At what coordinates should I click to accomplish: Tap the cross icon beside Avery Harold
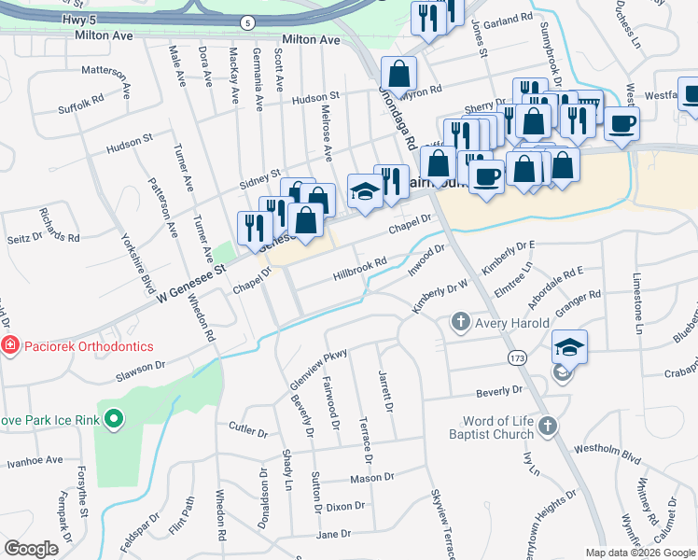click(459, 323)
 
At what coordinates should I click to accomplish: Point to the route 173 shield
click(516, 357)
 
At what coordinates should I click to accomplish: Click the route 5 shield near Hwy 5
click(246, 21)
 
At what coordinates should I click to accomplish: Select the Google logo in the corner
click(31, 549)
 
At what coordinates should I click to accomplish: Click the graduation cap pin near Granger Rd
click(568, 346)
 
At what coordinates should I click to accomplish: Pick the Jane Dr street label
click(333, 534)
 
